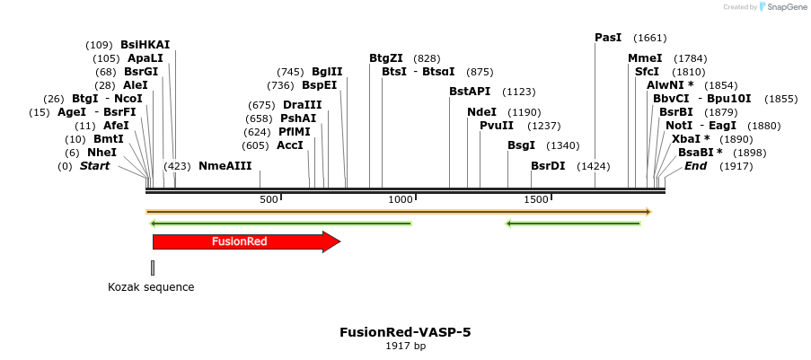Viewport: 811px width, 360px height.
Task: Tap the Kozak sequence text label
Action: point(151,287)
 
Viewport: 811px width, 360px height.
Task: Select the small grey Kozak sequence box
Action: point(153,267)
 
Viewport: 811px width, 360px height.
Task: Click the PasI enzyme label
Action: point(608,38)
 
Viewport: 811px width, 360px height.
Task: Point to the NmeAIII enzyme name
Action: point(225,166)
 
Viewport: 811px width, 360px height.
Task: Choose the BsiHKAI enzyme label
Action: point(145,44)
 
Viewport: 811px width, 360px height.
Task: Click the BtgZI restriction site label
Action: point(386,57)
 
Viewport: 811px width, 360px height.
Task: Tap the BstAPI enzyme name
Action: point(470,91)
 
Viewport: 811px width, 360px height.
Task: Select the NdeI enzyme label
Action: point(481,112)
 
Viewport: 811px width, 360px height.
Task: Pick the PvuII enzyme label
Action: point(497,126)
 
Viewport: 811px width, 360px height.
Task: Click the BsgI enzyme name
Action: point(521,145)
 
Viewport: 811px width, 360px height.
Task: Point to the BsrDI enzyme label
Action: point(548,166)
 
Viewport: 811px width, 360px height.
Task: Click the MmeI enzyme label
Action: point(645,58)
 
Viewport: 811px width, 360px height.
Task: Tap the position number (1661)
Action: point(649,38)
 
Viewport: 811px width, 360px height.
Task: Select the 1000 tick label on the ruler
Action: point(401,198)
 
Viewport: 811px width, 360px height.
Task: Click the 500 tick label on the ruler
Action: point(269,198)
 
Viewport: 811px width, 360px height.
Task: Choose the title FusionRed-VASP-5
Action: point(405,332)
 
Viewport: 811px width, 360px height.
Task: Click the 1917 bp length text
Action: point(405,346)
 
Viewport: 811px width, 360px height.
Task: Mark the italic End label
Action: point(695,166)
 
